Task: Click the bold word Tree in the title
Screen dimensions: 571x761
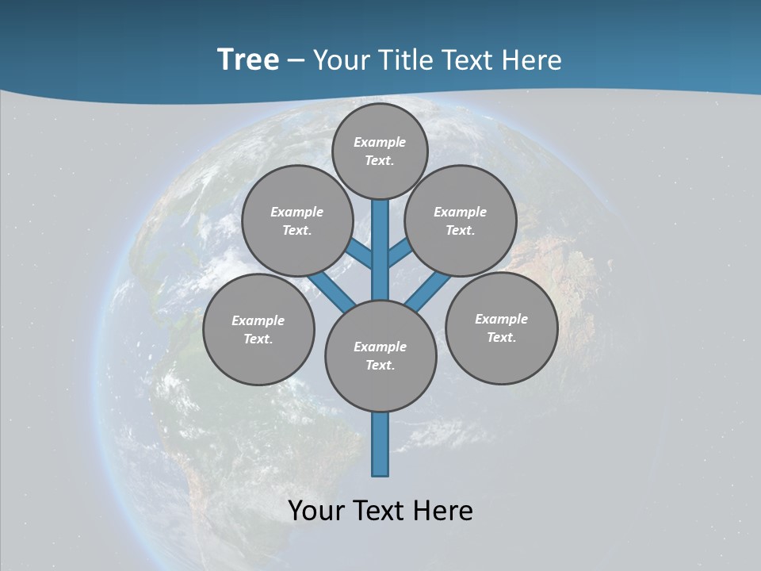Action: click(248, 60)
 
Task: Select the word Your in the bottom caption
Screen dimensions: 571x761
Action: click(317, 511)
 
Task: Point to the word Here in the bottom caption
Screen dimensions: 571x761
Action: click(443, 511)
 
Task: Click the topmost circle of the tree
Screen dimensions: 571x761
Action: click(380, 151)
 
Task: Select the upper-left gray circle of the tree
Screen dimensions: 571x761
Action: click(296, 220)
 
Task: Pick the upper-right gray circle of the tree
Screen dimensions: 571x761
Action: click(461, 220)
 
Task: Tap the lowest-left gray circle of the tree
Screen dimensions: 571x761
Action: click(258, 329)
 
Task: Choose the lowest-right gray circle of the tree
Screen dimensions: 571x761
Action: click(501, 328)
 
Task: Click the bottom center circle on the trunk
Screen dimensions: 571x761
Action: click(380, 355)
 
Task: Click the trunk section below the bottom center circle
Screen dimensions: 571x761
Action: click(380, 444)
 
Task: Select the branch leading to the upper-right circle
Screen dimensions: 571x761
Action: click(399, 254)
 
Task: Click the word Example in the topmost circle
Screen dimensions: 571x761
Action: click(380, 142)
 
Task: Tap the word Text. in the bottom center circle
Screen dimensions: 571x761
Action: click(380, 365)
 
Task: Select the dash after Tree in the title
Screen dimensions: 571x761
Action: click(296, 60)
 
